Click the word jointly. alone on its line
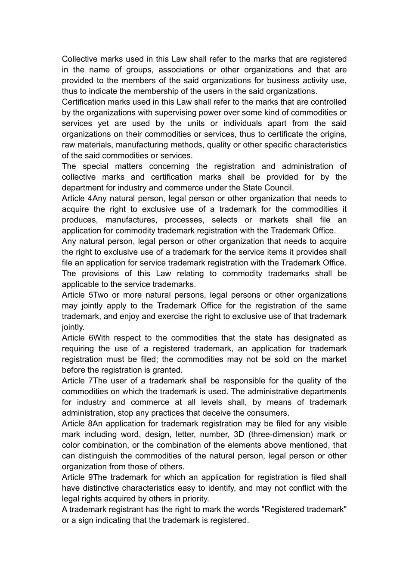(x=73, y=327)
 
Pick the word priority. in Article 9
(x=195, y=499)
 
